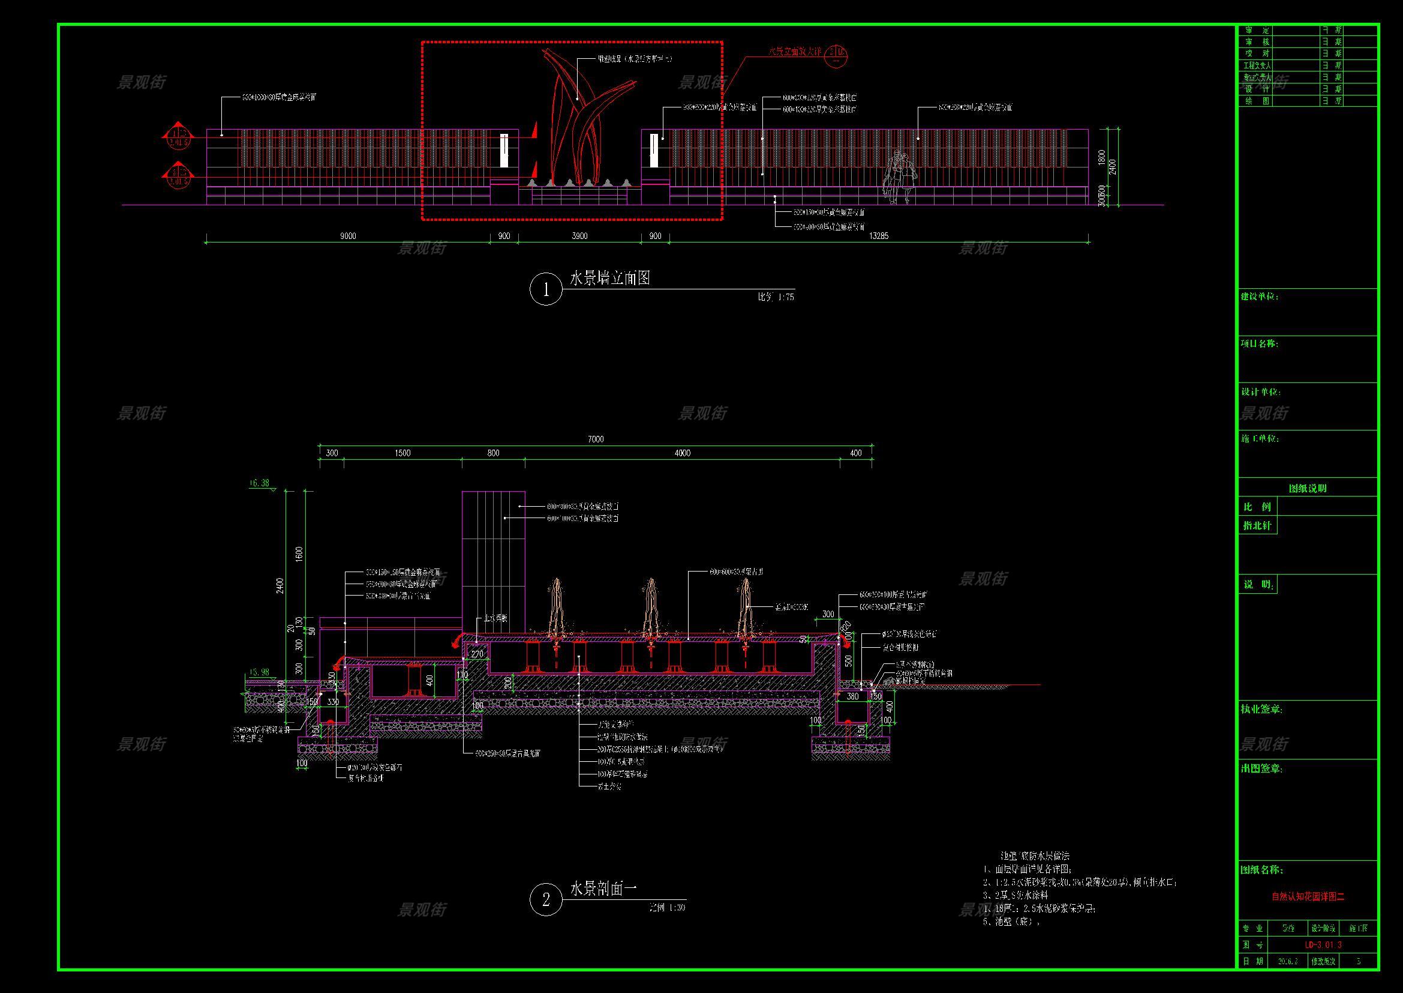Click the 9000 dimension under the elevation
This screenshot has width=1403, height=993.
click(x=348, y=236)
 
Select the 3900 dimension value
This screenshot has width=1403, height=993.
click(x=579, y=236)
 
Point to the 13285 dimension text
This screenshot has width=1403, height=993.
click(x=878, y=236)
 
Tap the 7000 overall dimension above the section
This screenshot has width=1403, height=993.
click(x=596, y=439)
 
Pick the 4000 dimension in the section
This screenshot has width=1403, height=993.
click(x=682, y=453)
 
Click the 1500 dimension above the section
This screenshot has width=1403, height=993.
click(x=402, y=453)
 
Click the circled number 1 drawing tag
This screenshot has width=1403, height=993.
click(x=545, y=289)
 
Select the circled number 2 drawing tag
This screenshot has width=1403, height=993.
click(x=545, y=899)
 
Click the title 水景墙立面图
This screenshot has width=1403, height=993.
click(x=610, y=279)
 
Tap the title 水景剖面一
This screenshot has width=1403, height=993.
click(x=604, y=889)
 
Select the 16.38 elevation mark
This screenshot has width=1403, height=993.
click(x=260, y=483)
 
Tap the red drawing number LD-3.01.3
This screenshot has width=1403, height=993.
click(x=1323, y=945)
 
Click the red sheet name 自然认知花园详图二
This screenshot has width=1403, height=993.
click(x=1308, y=897)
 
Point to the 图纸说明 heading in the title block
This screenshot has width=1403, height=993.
click(x=1308, y=489)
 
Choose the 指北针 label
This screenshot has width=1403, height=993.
click(x=1258, y=526)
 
